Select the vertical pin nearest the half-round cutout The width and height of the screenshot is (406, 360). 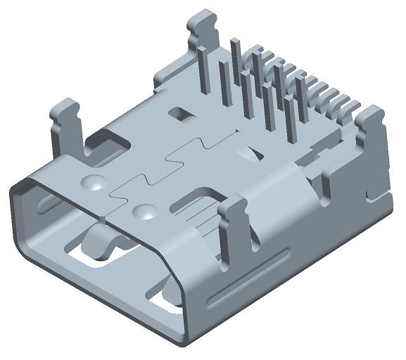click(x=268, y=105)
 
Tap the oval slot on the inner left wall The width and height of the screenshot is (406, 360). click(x=44, y=204)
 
